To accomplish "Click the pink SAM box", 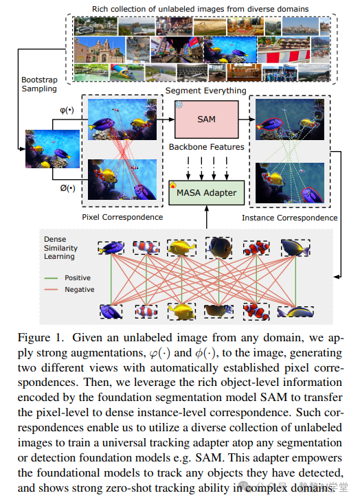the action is click(x=206, y=119).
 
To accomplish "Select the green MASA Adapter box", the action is click(x=206, y=193).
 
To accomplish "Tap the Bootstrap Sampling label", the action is click(x=39, y=84).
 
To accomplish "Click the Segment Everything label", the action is click(x=205, y=91).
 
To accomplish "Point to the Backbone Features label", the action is click(x=207, y=147).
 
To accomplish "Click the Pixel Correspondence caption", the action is click(x=122, y=217).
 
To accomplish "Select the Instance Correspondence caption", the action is click(x=289, y=218).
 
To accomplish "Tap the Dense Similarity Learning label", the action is click(x=60, y=248).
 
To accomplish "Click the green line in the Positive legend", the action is click(x=51, y=278).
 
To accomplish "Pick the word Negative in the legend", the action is click(x=80, y=289).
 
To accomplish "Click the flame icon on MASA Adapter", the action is click(x=173, y=185).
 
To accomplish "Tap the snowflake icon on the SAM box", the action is click(x=179, y=104).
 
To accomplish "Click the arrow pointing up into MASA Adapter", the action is click(x=207, y=217).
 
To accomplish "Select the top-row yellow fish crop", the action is click(x=181, y=247).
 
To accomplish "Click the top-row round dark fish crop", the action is click(x=219, y=247).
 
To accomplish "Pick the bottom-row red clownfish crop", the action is click(x=256, y=312).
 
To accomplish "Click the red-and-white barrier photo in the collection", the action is click(x=284, y=50).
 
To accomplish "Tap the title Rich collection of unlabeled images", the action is click(x=201, y=9).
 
